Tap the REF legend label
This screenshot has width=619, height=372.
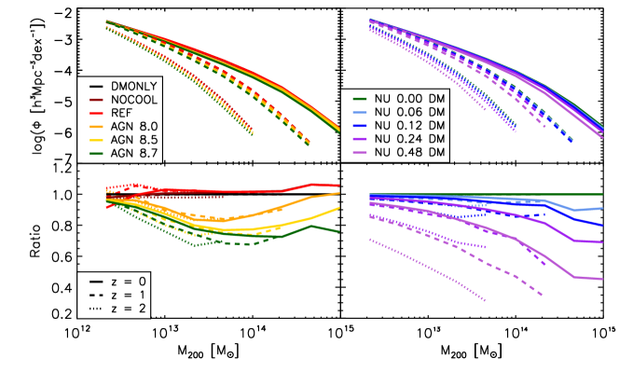pyautogui.click(x=121, y=111)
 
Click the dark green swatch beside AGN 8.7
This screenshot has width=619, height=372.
pyautogui.click(x=93, y=153)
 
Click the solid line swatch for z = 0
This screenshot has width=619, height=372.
pyautogui.click(x=93, y=281)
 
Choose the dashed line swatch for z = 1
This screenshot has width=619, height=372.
pyautogui.click(x=93, y=295)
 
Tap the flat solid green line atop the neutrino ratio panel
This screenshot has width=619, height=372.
pyautogui.click(x=522, y=194)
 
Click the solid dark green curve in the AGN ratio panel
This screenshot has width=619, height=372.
pyautogui.click(x=280, y=236)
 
